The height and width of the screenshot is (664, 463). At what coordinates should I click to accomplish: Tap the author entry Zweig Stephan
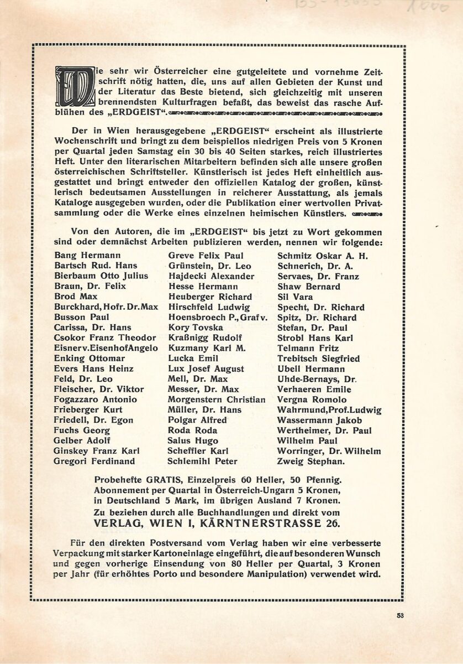click(311, 461)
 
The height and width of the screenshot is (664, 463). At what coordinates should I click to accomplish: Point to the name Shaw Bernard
click(309, 287)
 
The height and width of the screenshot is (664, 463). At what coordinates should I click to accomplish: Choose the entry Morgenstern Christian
click(217, 400)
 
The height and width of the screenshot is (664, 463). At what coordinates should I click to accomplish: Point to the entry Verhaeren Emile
click(314, 389)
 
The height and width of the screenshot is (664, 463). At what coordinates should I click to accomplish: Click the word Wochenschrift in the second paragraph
click(86, 143)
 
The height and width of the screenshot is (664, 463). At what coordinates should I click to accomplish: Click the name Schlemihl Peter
click(202, 461)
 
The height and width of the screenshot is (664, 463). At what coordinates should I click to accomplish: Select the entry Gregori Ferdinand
click(94, 461)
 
